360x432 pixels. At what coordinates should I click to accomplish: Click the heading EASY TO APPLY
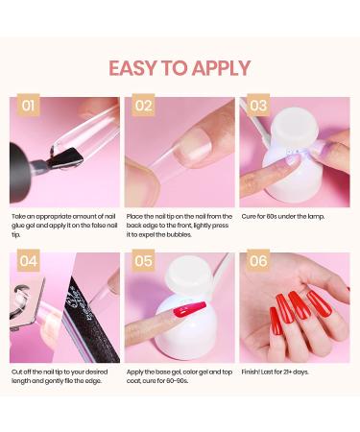pos(180,68)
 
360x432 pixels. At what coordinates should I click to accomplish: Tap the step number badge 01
pos(29,106)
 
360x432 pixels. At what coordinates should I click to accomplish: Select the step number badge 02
pos(143,106)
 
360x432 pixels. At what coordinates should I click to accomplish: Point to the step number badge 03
pos(258,106)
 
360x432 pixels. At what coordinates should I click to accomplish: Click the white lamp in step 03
pos(288,154)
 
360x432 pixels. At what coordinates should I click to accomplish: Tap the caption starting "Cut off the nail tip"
pos(63,375)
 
